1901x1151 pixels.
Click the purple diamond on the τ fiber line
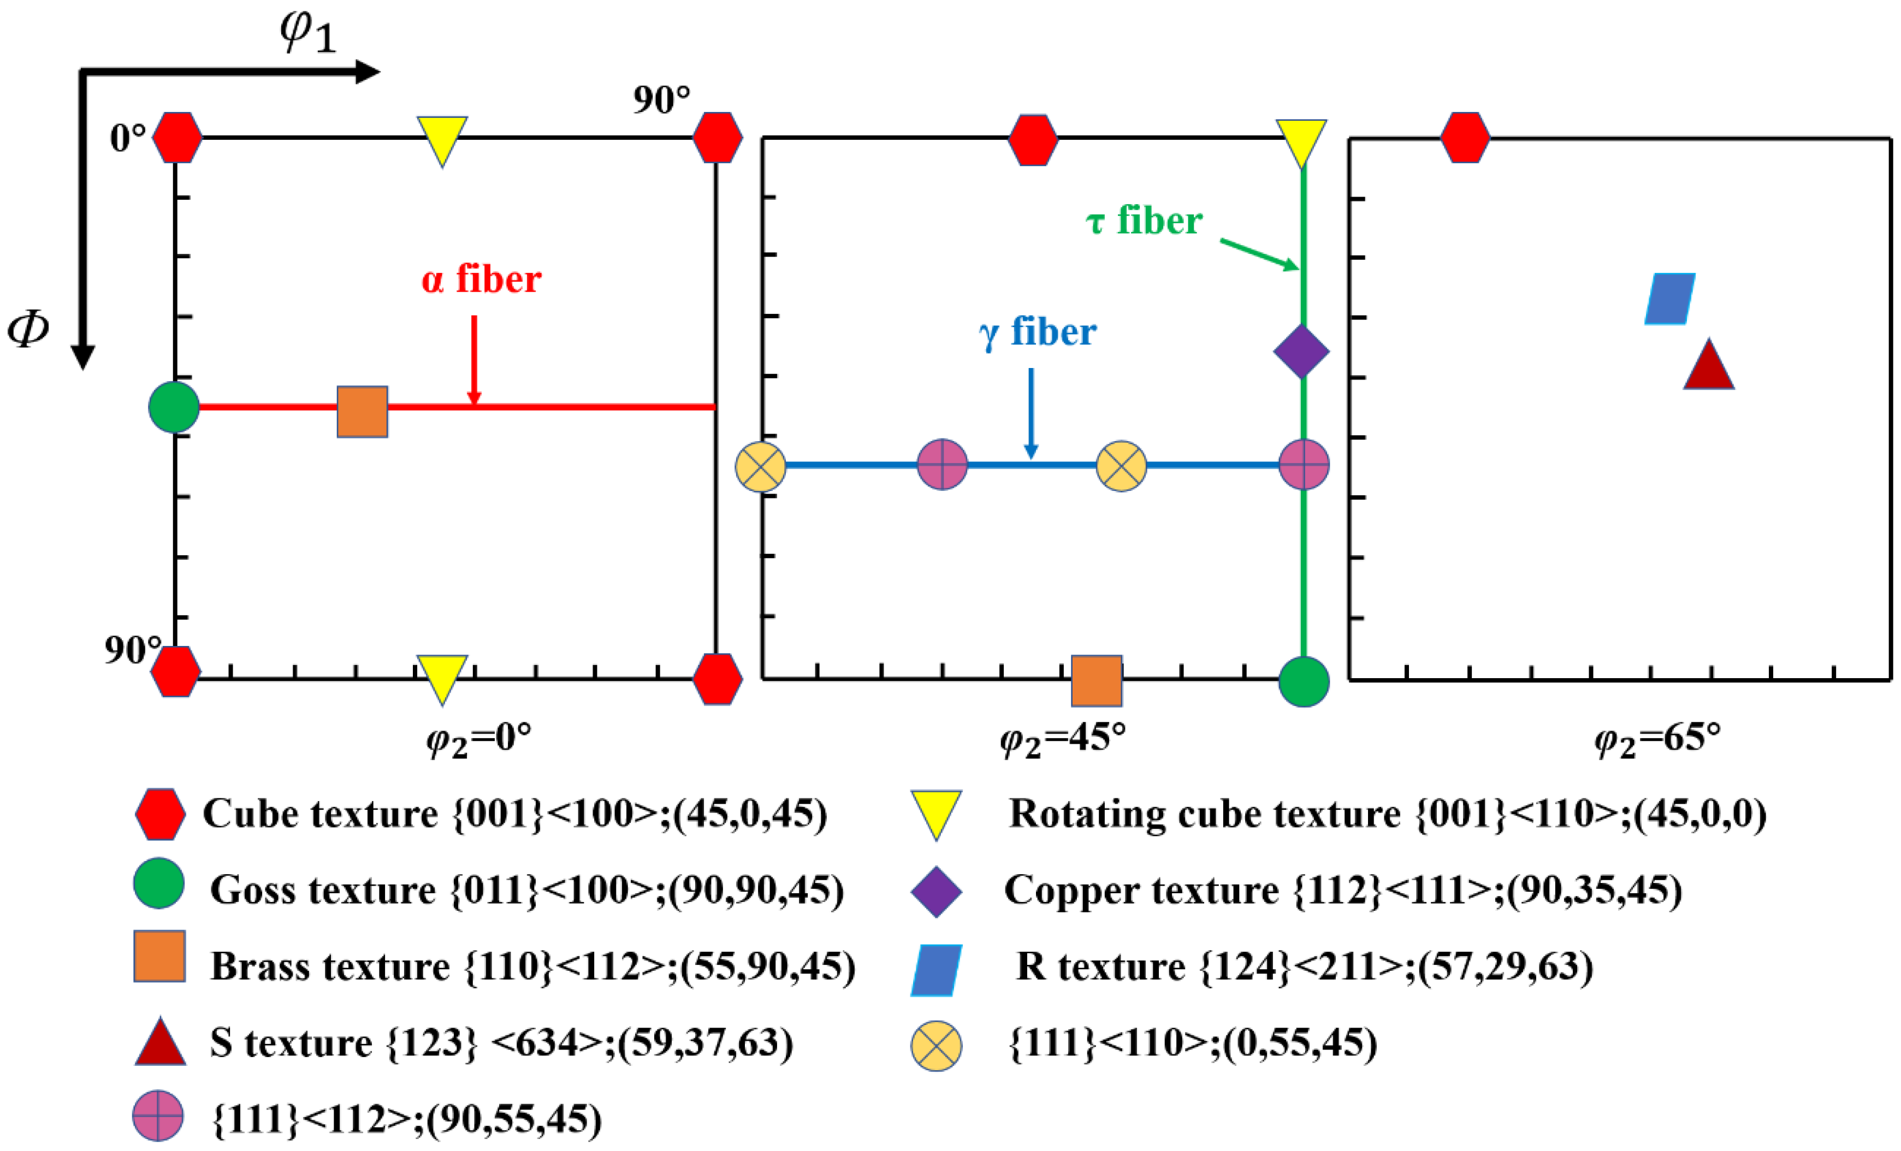pos(1301,352)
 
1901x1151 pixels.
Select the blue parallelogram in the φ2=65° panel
pos(1669,299)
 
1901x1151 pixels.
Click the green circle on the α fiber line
pos(174,407)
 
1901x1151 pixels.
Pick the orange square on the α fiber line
pos(363,412)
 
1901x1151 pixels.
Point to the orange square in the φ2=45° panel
pos(1097,680)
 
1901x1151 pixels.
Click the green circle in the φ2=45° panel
pos(1304,681)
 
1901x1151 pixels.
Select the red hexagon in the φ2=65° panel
pos(1465,138)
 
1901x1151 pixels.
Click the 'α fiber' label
pos(482,279)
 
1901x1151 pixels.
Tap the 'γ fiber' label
pos(1038,333)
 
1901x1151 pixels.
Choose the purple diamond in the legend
pos(936,892)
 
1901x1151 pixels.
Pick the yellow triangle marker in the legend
pos(936,813)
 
